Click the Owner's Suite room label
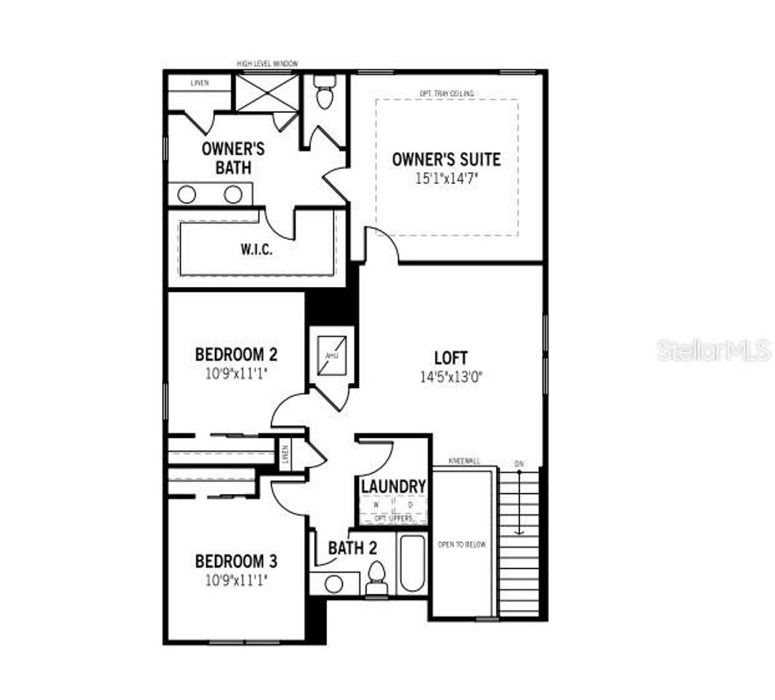[x=446, y=160]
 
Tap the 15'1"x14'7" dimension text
[x=446, y=178]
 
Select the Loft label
[x=450, y=358]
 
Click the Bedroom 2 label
[x=236, y=354]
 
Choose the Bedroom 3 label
[x=236, y=561]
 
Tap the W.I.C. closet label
[x=257, y=250]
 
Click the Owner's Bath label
[x=232, y=158]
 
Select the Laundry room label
[x=393, y=486]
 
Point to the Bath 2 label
[x=352, y=548]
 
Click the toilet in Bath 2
[x=376, y=580]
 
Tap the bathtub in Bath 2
[x=413, y=564]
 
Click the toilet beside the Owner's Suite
[x=325, y=92]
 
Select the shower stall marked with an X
[x=257, y=94]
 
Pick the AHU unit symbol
[x=331, y=355]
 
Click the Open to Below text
[x=462, y=545]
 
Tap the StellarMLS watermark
[x=713, y=350]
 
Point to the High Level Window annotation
[x=268, y=64]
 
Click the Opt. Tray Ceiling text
[x=447, y=93]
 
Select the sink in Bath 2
[x=332, y=583]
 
